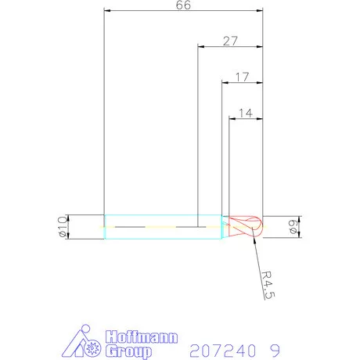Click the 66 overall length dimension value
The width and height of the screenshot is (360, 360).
(183, 5)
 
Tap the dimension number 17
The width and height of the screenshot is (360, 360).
(242, 77)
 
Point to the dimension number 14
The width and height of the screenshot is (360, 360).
(245, 113)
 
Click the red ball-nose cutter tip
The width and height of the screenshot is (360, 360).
(244, 226)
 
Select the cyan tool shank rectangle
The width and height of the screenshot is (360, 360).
(160, 226)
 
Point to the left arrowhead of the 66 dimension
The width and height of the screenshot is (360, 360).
(108, 11)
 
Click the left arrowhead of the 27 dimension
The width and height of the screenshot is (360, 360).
(203, 47)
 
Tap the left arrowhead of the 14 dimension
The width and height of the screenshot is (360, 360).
(232, 119)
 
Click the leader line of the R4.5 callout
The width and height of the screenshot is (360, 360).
(256, 258)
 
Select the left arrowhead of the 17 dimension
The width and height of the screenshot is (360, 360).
(225, 82)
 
